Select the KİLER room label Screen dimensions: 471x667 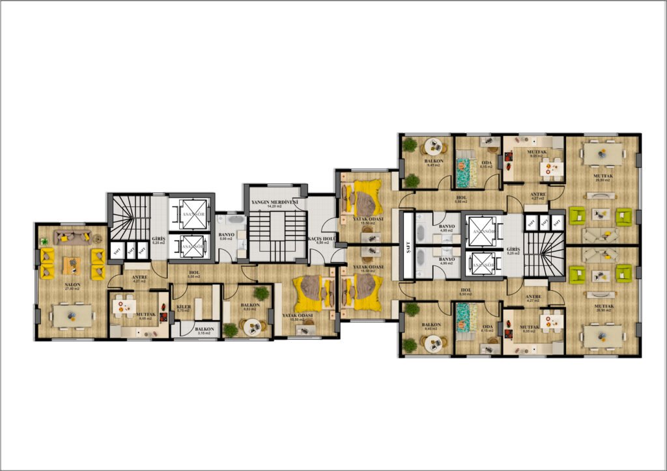(183, 306)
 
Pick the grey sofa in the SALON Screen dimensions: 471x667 (72, 237)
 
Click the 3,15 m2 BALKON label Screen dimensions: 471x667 (203, 329)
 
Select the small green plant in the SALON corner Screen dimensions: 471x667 (45, 242)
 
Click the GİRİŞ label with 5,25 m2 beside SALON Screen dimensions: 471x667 (158, 238)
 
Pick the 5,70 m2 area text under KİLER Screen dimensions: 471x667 (183, 311)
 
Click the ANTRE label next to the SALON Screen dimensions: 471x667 (139, 276)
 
